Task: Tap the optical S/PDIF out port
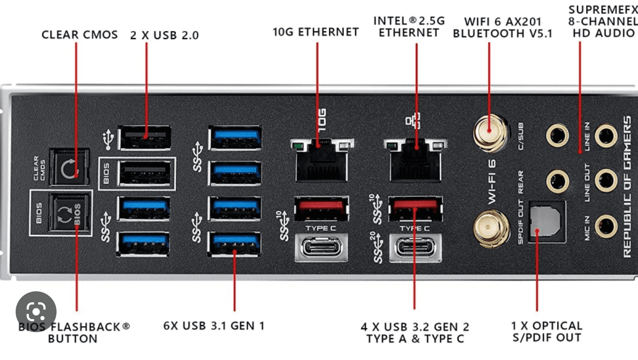tap(547, 222)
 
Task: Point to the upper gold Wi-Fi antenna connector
tap(490, 131)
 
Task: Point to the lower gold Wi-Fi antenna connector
tap(491, 228)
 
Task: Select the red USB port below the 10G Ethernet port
tap(321, 208)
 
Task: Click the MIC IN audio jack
tap(605, 227)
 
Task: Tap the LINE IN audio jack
tap(605, 136)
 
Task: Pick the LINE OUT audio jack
tap(605, 180)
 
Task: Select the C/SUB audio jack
tap(557, 136)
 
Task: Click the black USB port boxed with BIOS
tap(145, 173)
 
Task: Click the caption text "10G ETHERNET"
tap(315, 32)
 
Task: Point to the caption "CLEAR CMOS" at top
tap(80, 35)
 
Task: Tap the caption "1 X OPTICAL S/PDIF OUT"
tap(546, 332)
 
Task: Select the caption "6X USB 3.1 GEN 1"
tap(214, 326)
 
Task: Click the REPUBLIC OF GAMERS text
tap(627, 187)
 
